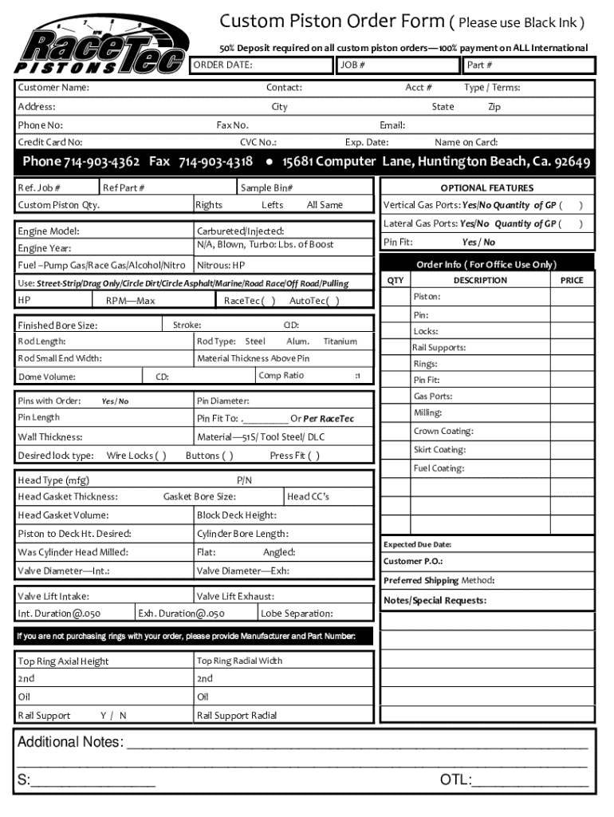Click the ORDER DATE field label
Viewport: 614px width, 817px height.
(x=224, y=65)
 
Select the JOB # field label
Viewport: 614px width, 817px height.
(x=352, y=65)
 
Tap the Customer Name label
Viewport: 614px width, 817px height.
(x=53, y=87)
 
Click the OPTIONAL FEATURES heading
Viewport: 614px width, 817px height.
(x=486, y=188)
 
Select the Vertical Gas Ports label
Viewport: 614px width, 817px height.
(x=420, y=205)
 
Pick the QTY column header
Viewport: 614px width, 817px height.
(x=396, y=281)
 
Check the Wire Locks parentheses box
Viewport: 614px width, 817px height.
(x=160, y=456)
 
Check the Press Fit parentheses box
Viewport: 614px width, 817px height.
(x=314, y=456)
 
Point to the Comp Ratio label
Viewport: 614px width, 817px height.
(x=281, y=376)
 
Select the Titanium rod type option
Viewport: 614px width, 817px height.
(x=340, y=341)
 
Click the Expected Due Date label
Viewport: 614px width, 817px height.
(x=417, y=545)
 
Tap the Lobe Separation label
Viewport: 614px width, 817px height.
(x=297, y=614)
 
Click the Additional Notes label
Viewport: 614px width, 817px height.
(x=70, y=743)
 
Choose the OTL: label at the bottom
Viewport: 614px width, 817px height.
(x=455, y=780)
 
